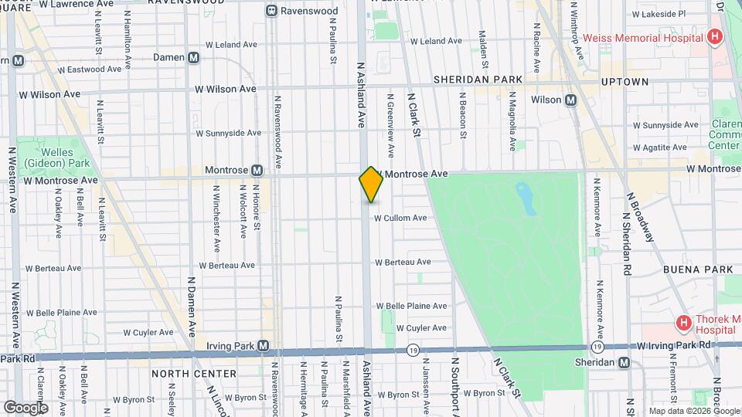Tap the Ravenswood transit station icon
point(271,11)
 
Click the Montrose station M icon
point(257,170)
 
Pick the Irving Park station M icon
point(264,345)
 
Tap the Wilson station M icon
point(571,100)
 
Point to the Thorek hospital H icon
point(683,323)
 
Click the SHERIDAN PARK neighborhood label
point(478,80)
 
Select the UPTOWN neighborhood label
point(625,81)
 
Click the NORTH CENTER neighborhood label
point(182,373)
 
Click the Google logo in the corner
point(26,408)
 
